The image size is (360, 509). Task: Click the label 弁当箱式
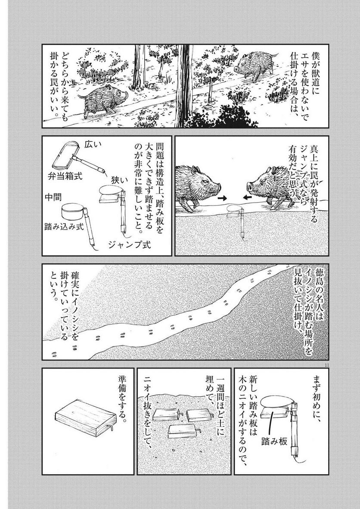(65, 176)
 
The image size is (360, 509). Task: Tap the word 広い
(93, 145)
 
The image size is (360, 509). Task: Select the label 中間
(53, 197)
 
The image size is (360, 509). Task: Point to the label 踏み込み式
(64, 227)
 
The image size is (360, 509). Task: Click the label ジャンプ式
(130, 245)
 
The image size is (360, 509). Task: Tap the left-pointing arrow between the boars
(247, 197)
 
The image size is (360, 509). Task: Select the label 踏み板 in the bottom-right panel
(274, 441)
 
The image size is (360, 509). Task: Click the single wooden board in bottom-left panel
(86, 418)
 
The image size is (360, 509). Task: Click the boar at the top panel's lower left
(103, 99)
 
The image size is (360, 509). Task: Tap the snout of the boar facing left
(249, 187)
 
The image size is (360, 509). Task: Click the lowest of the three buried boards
(183, 431)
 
